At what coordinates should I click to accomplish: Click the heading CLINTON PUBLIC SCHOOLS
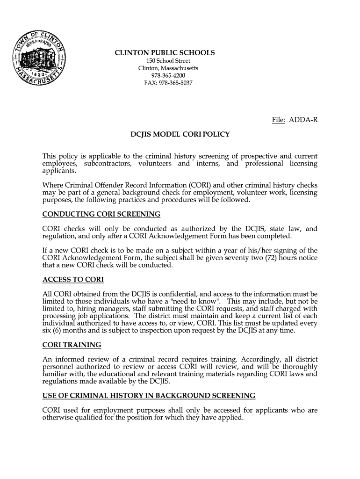[x=165, y=53]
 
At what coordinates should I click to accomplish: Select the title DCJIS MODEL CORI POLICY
[x=180, y=134]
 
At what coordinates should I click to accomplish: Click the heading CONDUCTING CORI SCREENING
[x=101, y=214]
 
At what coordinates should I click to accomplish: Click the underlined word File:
[x=279, y=120]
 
